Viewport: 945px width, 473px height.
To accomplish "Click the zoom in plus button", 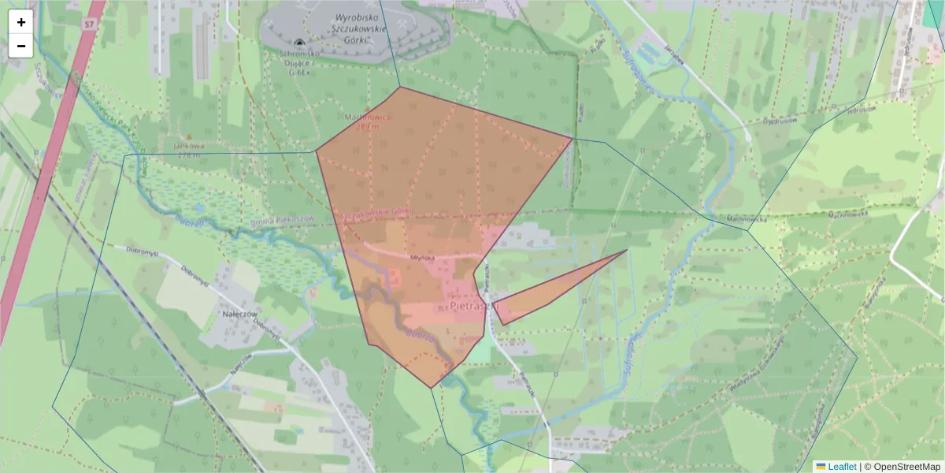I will (21, 22).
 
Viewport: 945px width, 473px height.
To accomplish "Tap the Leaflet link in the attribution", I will (842, 467).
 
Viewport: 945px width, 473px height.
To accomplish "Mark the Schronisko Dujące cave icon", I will (299, 43).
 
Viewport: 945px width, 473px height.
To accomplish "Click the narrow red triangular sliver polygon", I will (551, 292).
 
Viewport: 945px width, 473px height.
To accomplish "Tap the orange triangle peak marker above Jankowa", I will (187, 136).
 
